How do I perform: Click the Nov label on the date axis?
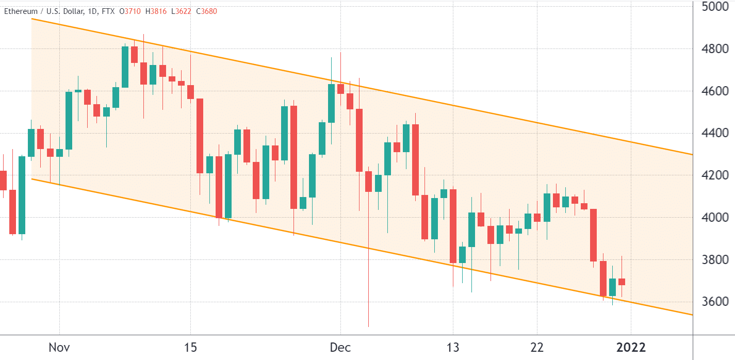(59, 347)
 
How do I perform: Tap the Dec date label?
(340, 347)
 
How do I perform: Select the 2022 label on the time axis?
(631, 347)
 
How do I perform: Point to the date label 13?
(453, 347)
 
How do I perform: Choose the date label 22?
(537, 347)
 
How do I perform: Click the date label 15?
(190, 347)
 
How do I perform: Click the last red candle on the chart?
(622, 282)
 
